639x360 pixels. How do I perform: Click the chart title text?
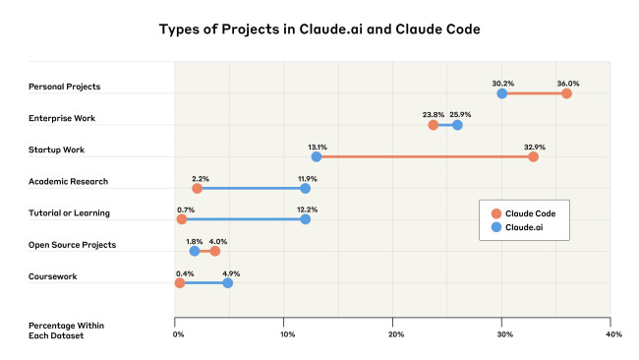coord(319,29)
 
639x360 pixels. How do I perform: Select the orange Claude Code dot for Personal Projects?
coord(566,93)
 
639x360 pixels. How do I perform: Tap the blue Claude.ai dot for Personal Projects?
coord(502,93)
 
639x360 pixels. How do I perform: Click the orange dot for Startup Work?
coord(533,156)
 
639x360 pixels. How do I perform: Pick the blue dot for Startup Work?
coord(317,156)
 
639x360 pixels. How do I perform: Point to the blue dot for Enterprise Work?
coord(457,125)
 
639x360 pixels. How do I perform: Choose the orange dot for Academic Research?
coord(198,188)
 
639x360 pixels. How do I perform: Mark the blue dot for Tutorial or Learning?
coord(306,219)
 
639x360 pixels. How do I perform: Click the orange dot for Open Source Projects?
coord(215,251)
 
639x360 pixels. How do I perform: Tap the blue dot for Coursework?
coord(228,282)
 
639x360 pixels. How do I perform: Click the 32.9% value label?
coord(533,146)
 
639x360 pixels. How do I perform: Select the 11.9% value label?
coord(306,177)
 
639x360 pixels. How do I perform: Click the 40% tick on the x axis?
coord(613,334)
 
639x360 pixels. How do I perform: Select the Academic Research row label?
coord(68,181)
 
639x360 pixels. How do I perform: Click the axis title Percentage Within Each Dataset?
coord(66,330)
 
